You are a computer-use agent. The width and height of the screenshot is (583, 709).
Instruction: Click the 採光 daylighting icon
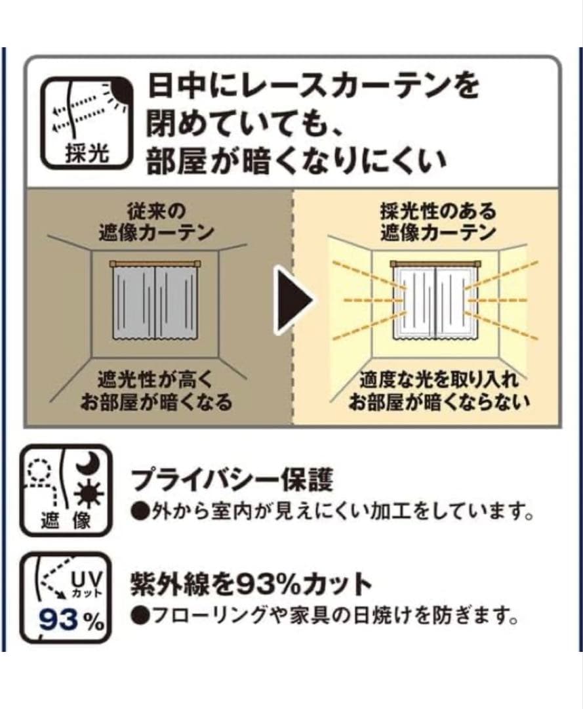tap(86, 123)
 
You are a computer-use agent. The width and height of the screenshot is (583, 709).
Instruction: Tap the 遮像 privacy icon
tap(66, 490)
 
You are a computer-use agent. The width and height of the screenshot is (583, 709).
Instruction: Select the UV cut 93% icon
tap(66, 598)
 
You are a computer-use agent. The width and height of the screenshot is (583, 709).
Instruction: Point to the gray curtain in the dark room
tap(155, 303)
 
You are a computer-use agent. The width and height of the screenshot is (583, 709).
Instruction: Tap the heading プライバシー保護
tap(232, 480)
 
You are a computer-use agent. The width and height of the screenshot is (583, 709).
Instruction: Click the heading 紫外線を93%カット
tap(251, 585)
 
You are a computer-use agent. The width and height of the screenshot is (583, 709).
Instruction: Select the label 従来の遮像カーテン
tap(155, 222)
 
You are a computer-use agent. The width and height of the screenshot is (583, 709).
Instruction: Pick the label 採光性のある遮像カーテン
tap(437, 222)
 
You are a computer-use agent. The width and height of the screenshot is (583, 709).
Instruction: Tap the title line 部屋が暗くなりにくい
tap(296, 161)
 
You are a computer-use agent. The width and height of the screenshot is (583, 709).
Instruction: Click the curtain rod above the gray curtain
tap(155, 264)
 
